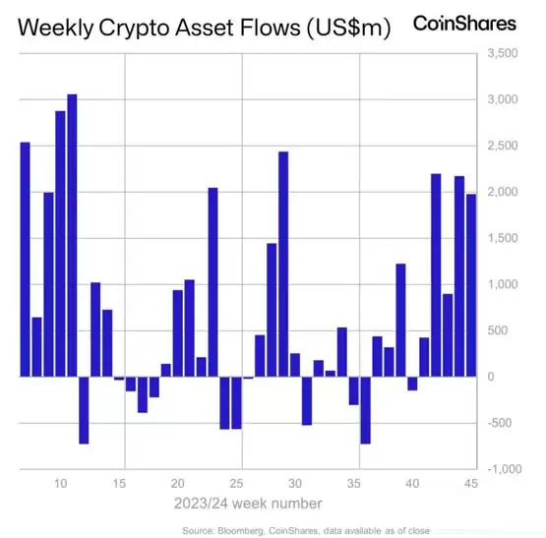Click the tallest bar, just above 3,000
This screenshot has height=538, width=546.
coord(72,235)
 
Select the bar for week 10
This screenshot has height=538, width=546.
coord(60,244)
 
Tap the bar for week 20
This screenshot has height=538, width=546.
coord(178,333)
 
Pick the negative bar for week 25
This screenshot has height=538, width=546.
coord(236,403)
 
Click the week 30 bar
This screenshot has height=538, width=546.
coord(295,365)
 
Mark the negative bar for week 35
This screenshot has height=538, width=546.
coord(354,390)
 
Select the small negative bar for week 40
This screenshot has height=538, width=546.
coord(412,384)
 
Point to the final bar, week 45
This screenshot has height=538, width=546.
coord(471,285)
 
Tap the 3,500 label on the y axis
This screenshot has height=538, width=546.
coord(503,53)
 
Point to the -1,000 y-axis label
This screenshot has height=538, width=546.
coord(505,469)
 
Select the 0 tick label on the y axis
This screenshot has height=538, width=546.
coord(491,377)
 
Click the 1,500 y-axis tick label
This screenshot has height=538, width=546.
coord(503,238)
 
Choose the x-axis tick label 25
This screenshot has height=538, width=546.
coord(236,483)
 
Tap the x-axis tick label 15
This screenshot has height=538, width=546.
coord(119,483)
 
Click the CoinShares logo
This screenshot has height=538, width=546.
coord(464,24)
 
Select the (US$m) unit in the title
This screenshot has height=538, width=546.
coord(349,28)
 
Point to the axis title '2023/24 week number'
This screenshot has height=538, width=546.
coord(248,504)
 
